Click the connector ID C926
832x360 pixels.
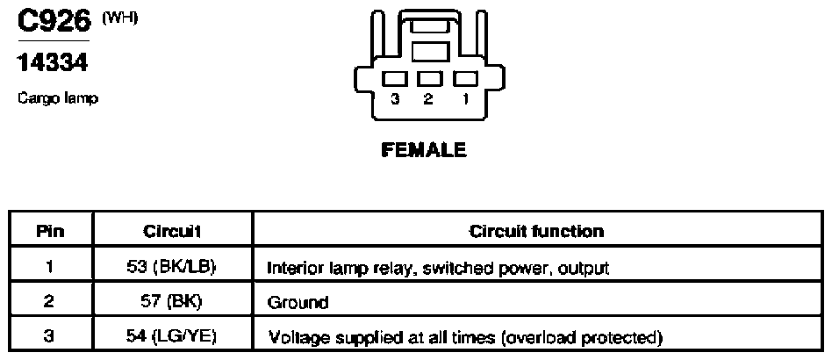(54, 21)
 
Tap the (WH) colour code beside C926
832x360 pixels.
(119, 18)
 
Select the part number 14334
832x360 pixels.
(53, 62)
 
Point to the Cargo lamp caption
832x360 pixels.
(58, 98)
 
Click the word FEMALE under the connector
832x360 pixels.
(423, 150)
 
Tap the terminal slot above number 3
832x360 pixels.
(394, 78)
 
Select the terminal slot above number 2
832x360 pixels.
(430, 78)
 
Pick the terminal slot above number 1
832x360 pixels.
(465, 78)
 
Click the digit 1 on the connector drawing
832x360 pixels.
(466, 99)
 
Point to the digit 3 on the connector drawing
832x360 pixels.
(394, 99)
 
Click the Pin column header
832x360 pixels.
(50, 232)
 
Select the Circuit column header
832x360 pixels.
(171, 232)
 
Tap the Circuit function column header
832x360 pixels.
(536, 232)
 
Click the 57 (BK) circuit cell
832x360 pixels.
(172, 301)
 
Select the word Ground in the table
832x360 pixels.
(298, 303)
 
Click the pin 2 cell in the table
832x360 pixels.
(49, 301)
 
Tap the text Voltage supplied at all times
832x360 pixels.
(383, 338)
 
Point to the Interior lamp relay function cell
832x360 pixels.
(438, 268)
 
